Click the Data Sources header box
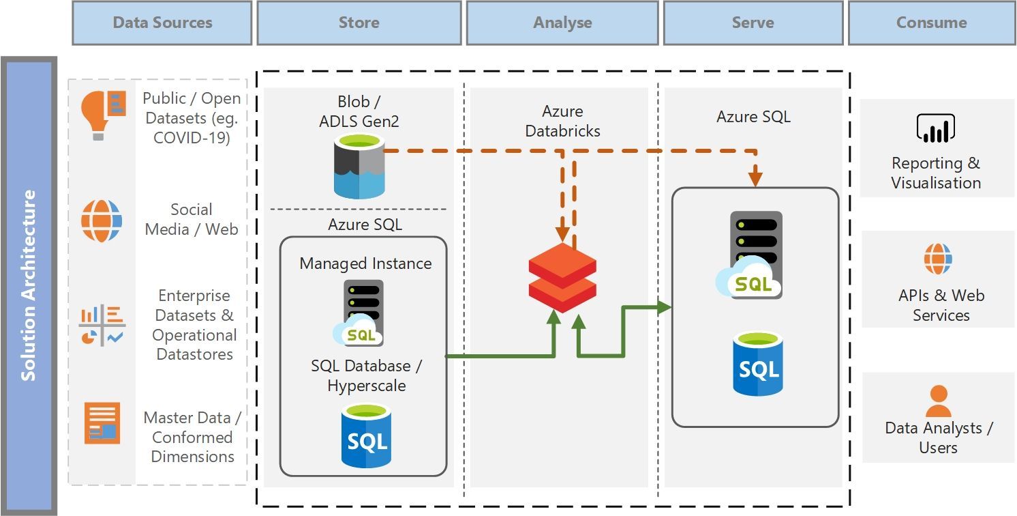coord(162,23)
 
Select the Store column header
coord(359,23)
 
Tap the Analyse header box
coord(562,23)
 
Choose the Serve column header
coord(753,23)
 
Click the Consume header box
coord(931,23)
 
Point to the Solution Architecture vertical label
coord(29,285)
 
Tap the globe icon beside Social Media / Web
coord(102,220)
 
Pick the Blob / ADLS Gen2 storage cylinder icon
coord(360,166)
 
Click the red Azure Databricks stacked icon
coord(562,277)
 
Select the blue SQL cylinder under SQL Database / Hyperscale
coord(367,436)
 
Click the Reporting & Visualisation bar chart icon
coord(935,128)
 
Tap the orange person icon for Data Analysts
coord(938,401)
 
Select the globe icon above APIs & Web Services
coord(938,259)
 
